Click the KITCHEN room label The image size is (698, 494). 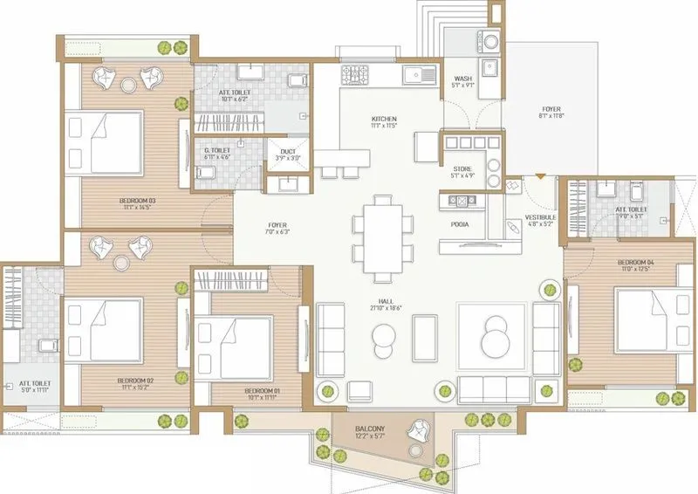(384, 119)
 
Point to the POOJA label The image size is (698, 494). (461, 224)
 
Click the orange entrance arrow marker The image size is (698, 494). (540, 177)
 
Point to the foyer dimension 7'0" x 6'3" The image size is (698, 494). (277, 232)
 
